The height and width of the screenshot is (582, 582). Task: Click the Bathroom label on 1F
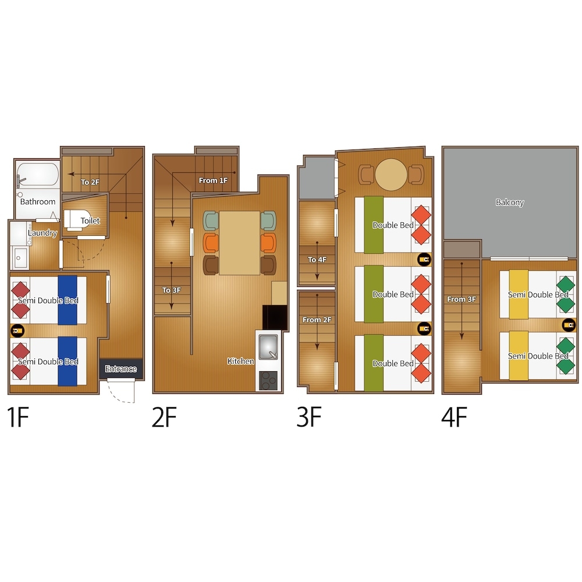click(x=37, y=201)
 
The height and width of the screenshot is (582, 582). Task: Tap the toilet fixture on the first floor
click(x=73, y=220)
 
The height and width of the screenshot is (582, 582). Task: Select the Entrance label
click(x=120, y=368)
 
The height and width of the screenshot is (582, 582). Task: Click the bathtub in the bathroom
click(x=37, y=175)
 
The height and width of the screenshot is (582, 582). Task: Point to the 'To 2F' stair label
click(x=90, y=182)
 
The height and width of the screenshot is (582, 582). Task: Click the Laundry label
click(x=42, y=233)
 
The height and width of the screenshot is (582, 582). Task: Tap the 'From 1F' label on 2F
click(x=213, y=180)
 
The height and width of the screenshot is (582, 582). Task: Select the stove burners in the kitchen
click(x=268, y=381)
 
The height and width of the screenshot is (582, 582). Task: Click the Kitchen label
click(x=240, y=361)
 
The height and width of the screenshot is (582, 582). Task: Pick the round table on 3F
click(x=391, y=175)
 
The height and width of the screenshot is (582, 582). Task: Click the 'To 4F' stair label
click(x=317, y=260)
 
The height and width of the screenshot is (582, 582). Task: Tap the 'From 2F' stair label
click(x=317, y=320)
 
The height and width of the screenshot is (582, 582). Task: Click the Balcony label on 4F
click(x=510, y=203)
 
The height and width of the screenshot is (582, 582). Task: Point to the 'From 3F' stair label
click(x=462, y=299)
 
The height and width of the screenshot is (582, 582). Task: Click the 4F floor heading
click(x=454, y=417)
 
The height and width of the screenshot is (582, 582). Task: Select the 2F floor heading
click(x=164, y=417)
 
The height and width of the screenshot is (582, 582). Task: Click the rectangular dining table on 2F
click(x=239, y=243)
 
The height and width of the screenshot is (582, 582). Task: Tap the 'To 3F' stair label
click(x=171, y=290)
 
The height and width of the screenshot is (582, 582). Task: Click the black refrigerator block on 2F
click(x=275, y=318)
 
